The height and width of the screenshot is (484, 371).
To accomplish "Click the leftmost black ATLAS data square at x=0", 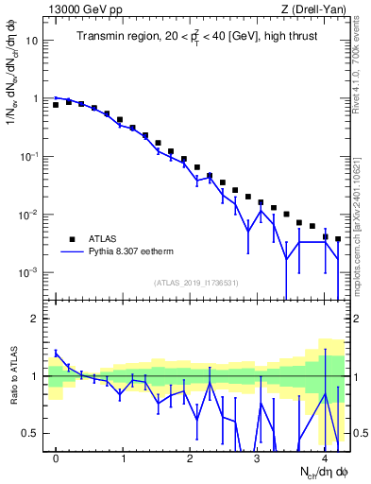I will [56, 105].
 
